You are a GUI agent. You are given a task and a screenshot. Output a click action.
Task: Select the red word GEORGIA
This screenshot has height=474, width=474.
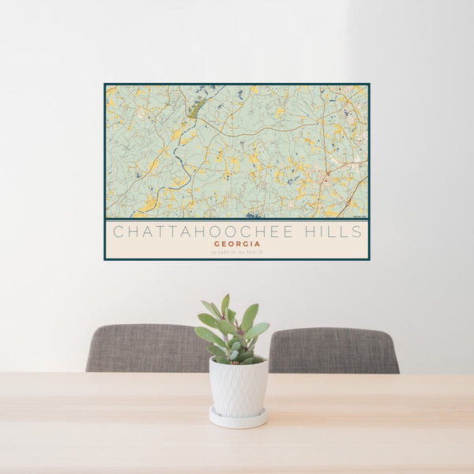(237, 244)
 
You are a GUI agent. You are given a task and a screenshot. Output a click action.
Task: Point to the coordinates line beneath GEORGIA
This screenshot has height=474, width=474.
(237, 252)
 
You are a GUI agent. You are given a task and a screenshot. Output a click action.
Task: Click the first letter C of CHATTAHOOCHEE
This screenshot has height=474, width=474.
(117, 231)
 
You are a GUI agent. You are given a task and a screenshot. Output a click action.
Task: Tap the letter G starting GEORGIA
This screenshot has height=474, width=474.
(216, 244)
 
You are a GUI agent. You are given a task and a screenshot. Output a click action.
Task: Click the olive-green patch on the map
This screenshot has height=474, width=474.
(197, 107)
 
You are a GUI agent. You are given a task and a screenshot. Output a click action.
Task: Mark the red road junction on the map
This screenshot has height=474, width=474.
(325, 174)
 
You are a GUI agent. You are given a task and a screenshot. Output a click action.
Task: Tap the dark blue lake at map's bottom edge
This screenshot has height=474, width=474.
(253, 214)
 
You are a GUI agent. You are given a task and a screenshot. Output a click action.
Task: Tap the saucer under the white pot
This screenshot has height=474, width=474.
(238, 419)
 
